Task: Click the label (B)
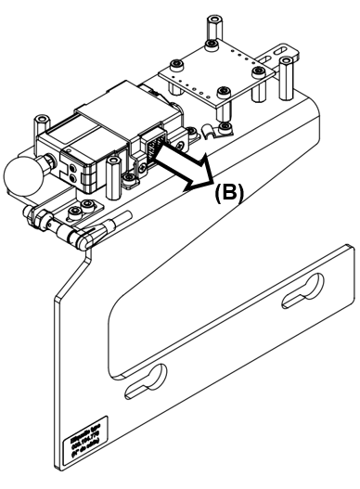point(229,194)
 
